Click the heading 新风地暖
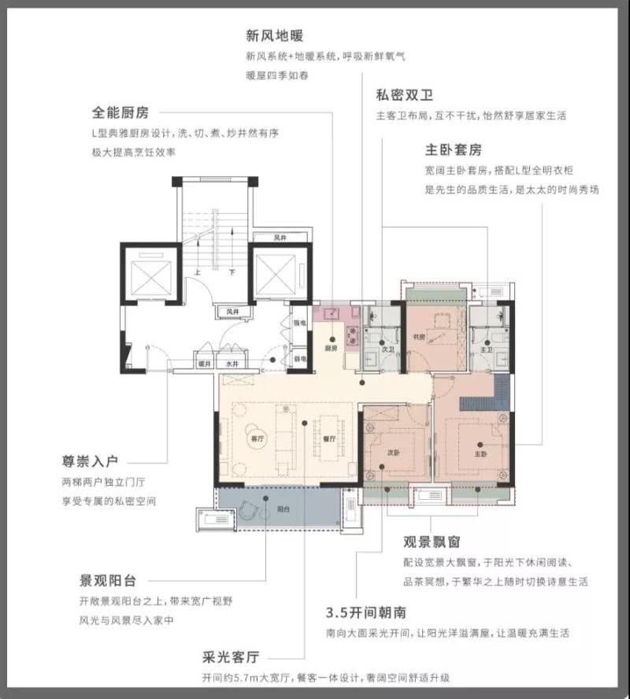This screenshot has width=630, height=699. point(275,36)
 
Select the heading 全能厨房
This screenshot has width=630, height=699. point(120,111)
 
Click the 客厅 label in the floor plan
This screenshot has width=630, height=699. point(254,438)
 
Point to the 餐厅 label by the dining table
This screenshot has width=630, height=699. point(330,438)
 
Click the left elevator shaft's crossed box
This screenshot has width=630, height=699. point(150,276)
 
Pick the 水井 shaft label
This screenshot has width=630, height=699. point(232,364)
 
